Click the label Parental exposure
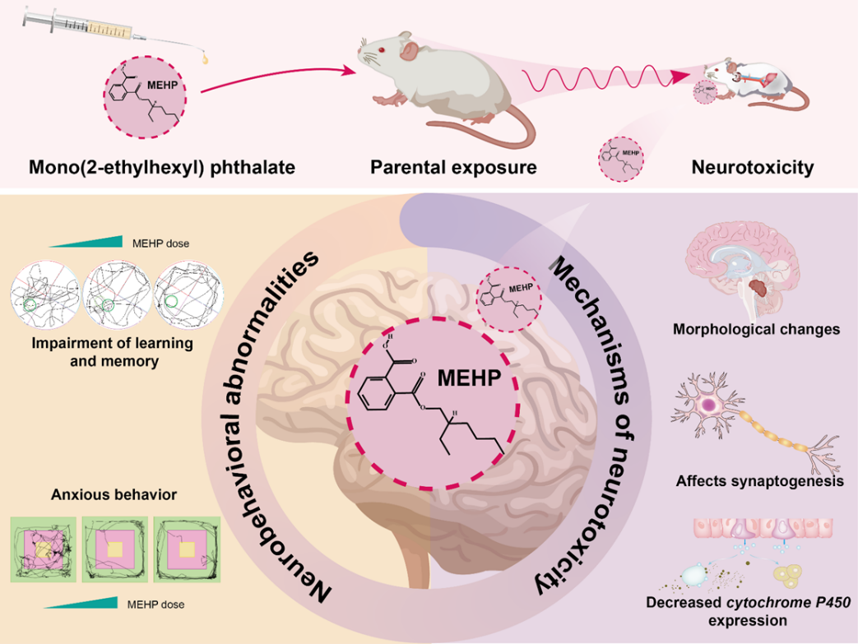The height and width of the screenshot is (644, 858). coord(453,167)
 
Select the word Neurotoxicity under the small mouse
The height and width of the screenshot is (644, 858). coord(753,167)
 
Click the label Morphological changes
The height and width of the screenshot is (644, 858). coord(756,329)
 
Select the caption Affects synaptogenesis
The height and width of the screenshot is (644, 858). coord(758,481)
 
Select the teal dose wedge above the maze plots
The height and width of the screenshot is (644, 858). coord(82,242)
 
